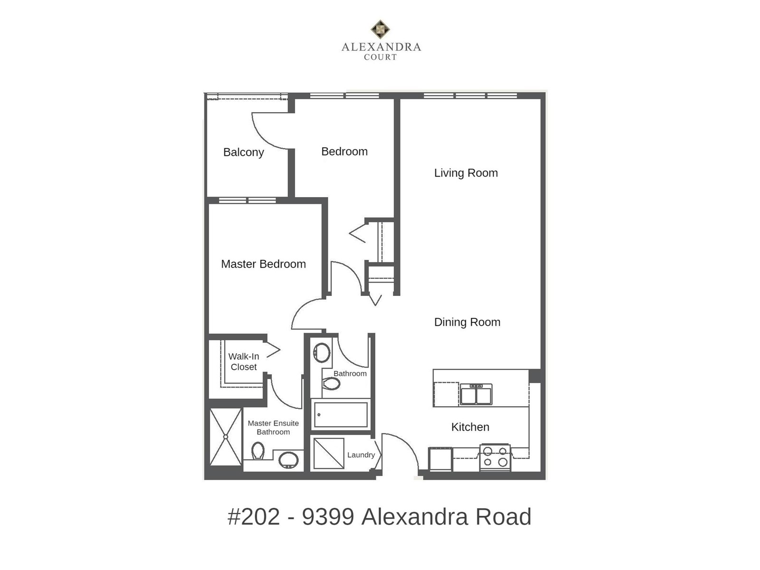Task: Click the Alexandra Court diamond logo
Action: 380,29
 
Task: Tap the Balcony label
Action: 243,152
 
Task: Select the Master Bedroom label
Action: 263,264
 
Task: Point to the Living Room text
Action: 465,173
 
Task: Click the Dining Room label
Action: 467,322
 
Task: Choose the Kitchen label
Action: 470,427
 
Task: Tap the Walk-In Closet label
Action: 244,361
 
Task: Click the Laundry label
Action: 361,455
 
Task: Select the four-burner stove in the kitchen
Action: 495,457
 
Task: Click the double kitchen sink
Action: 476,394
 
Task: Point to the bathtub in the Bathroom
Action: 341,415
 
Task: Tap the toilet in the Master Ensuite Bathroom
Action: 257,451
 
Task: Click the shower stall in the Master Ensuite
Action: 226,437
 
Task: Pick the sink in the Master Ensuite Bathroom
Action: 288,460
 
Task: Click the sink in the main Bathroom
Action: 322,352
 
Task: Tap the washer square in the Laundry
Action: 329,454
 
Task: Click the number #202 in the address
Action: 254,517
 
